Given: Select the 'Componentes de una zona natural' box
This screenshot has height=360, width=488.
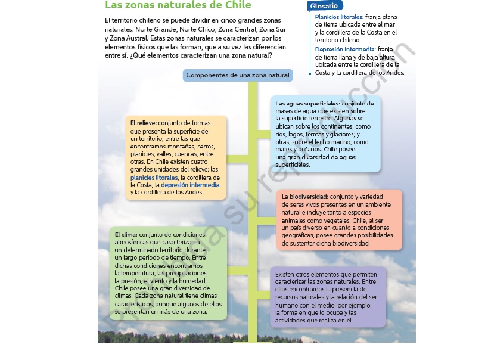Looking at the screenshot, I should coord(237,75).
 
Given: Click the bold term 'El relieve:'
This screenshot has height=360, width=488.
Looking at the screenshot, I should coord(144,123).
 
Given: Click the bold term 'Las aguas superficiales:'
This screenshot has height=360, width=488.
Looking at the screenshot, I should coord(307,104).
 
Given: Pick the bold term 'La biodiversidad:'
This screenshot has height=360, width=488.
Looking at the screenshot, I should coord(304,197).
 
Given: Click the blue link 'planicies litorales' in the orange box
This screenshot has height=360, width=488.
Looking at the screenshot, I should coord(154,178).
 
